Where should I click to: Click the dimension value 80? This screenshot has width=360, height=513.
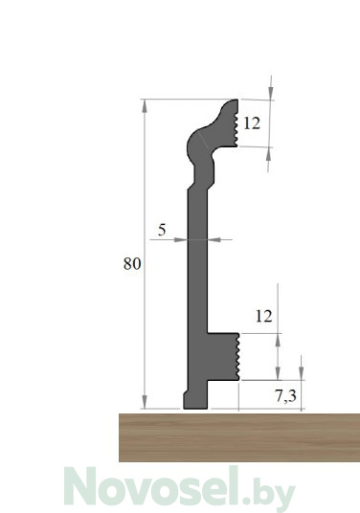pos(132,264)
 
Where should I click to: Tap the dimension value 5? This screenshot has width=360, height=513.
pos(162,230)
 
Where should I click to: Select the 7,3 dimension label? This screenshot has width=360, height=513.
pos(285,396)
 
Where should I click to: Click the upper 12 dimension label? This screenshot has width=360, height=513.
pos(252,123)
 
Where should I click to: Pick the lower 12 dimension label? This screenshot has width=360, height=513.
pos(263,317)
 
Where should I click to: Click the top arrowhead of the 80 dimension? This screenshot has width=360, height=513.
pos(145,106)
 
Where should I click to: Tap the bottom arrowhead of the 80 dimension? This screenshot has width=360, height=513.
pos(145,402)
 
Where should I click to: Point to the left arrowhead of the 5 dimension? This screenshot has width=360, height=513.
pos(181,240)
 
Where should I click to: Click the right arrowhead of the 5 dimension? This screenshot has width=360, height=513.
pos(214,240)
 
